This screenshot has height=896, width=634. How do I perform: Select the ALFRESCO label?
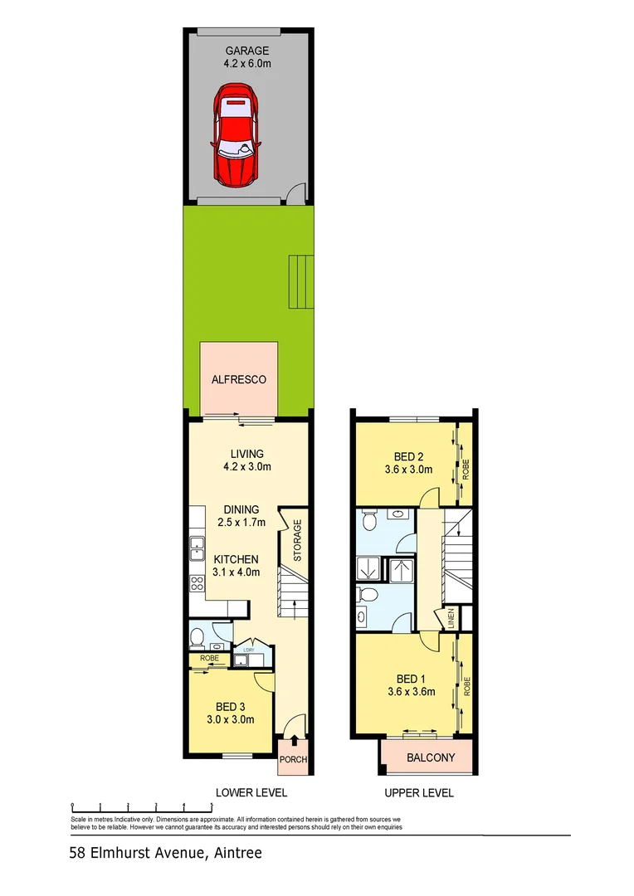click(x=238, y=379)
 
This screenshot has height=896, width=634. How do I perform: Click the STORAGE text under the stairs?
click(x=296, y=540)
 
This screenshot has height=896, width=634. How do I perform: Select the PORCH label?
click(x=294, y=760)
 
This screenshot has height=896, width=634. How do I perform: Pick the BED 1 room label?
click(x=411, y=685)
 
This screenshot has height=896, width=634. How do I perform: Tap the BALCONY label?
click(x=431, y=757)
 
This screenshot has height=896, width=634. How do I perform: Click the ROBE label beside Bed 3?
click(x=209, y=660)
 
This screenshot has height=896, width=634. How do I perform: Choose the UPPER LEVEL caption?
click(x=420, y=792)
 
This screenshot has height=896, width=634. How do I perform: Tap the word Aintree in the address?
click(x=237, y=853)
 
